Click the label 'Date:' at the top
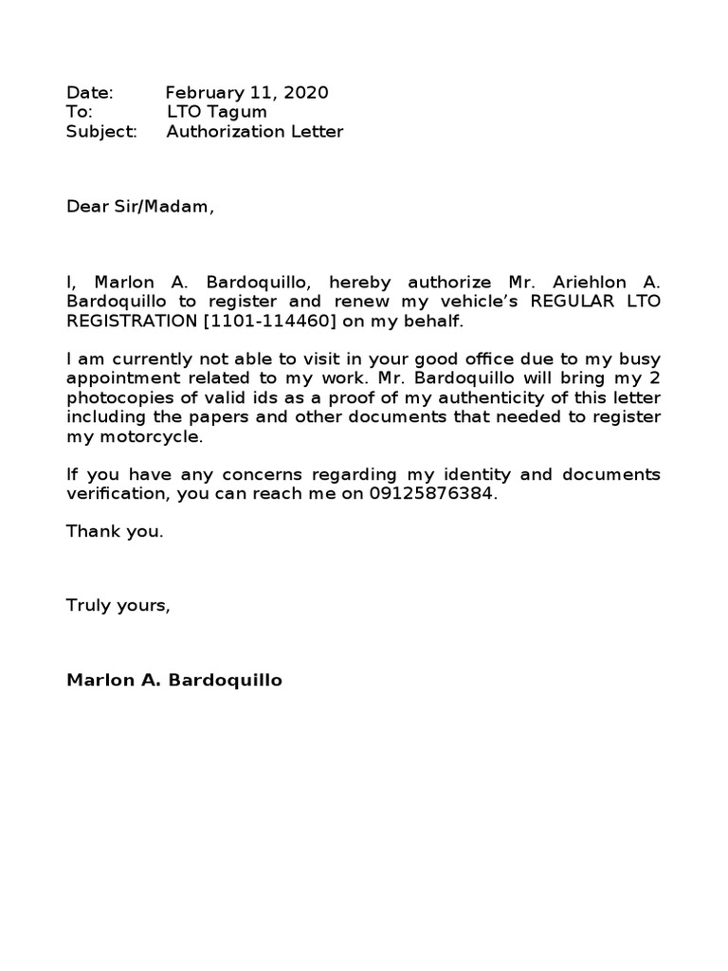89,93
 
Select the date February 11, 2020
246,93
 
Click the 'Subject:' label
101,132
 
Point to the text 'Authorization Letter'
254,132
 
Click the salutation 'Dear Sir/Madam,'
140,208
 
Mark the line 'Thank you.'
115,532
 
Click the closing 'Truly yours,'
118,606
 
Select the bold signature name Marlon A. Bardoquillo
174,681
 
